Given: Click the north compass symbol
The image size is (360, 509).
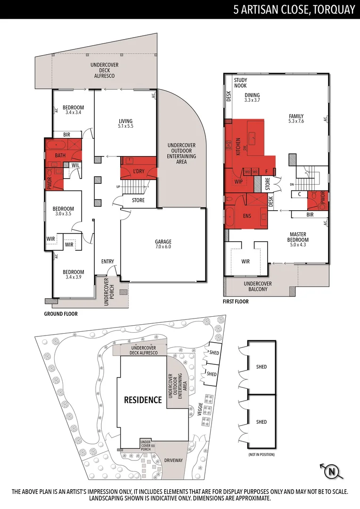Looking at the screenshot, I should click(331, 471).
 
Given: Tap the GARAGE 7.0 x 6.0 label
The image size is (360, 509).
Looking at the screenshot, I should click(163, 245).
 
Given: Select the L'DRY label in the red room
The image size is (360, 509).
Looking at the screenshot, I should click(139, 171).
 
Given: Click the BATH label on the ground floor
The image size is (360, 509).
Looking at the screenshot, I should click(60, 155).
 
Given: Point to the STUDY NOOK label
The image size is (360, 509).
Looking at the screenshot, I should click(240, 82).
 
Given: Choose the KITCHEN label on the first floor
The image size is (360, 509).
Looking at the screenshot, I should click(238, 147).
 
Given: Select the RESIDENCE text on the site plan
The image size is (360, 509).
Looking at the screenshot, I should click(143, 400).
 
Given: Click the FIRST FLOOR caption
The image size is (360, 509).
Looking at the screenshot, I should click(236, 302).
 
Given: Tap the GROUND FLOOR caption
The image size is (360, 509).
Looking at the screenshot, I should click(61, 314).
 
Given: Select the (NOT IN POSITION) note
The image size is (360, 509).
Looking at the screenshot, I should click(261, 454).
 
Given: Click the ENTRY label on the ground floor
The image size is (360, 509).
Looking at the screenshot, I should click(107, 262).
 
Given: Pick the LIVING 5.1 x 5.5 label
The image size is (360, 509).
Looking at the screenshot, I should click(125, 123).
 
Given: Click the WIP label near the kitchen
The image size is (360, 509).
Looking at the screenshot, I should click(238, 181).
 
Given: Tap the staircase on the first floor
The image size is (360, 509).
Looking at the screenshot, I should click(309, 177).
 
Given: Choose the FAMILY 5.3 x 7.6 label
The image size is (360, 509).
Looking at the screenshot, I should click(296, 119).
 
